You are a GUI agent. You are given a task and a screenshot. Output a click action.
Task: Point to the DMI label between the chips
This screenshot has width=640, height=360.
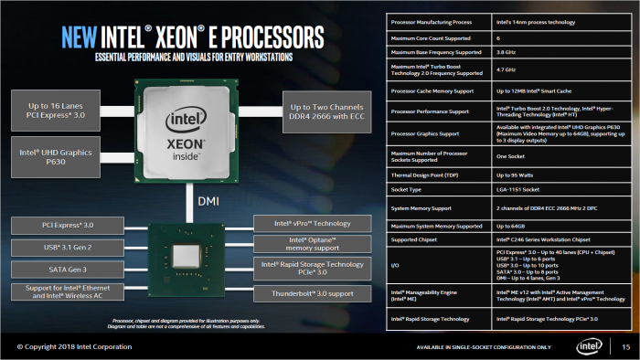[x=208, y=196]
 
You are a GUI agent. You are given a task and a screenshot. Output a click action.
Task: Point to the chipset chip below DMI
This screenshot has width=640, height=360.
[x=187, y=258]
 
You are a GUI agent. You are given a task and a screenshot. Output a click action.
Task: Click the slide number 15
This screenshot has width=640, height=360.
[x=626, y=346]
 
